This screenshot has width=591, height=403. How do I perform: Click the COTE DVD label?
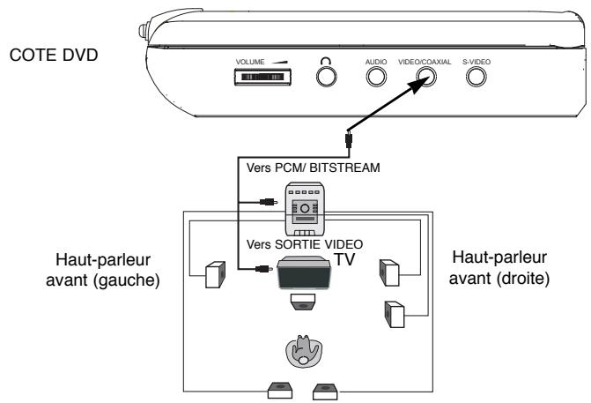coord(54,55)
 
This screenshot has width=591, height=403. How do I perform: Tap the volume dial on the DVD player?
coord(262,77)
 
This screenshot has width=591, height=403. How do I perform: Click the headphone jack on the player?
coord(327,77)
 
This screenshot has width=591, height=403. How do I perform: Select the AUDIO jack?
coord(376,77)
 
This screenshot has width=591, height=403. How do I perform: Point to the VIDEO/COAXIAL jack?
coord(426,77)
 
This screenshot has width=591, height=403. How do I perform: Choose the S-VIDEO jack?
coord(476,77)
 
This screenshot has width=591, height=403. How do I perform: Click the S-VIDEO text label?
coord(476,62)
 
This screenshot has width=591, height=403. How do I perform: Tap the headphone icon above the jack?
coord(326,61)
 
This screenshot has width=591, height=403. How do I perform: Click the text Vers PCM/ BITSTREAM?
coord(314,168)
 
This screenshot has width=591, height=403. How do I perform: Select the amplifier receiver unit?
coord(305,209)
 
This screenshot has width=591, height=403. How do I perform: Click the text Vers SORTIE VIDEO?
coord(305,244)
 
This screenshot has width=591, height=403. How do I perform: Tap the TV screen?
coord(304,273)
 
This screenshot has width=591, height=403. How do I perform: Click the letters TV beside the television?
coord(344,259)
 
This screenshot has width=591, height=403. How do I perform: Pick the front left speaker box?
coord(215,274)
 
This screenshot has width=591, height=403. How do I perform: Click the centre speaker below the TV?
coord(303,302)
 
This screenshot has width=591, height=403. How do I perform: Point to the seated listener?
coord(304,351)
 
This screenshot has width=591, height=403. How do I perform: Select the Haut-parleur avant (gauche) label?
coord(103,270)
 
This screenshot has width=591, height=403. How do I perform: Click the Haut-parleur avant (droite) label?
coord(499,268)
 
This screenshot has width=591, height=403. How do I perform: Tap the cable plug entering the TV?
coord(264,269)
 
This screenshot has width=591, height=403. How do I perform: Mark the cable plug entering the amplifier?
coord(269,202)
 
